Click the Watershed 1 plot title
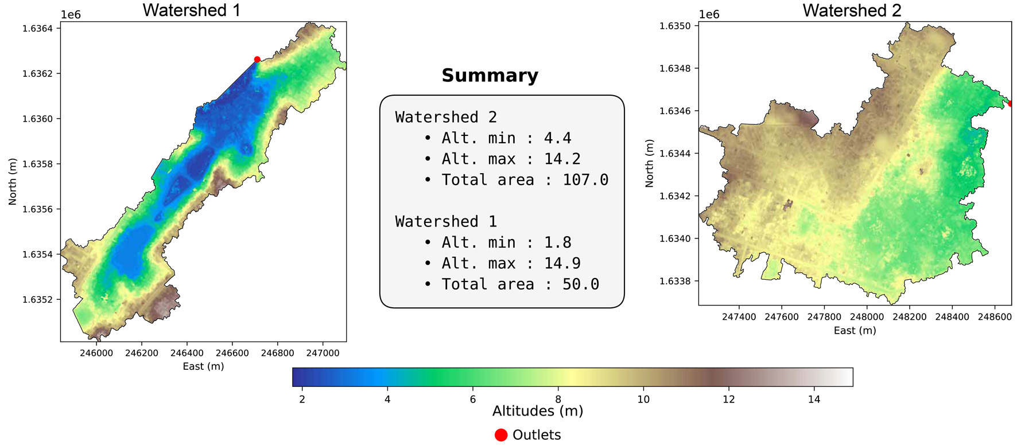pyautogui.click(x=191, y=10)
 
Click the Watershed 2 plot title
pyautogui.click(x=852, y=10)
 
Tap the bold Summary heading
pyautogui.click(x=490, y=75)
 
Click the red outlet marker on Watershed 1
pyautogui.click(x=257, y=59)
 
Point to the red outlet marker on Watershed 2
pyautogui.click(x=1010, y=104)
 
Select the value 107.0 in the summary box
pyautogui.click(x=585, y=180)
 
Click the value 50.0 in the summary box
pyautogui.click(x=580, y=284)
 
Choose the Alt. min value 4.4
pyautogui.click(x=557, y=138)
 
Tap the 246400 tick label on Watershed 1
pyautogui.click(x=187, y=353)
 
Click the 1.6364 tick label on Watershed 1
pyautogui.click(x=37, y=29)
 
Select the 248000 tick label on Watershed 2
pyautogui.click(x=867, y=316)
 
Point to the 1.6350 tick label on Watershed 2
pyautogui.click(x=676, y=26)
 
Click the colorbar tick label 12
pyautogui.click(x=728, y=399)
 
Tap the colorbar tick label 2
pyautogui.click(x=302, y=399)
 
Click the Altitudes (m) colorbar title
pyautogui.click(x=538, y=411)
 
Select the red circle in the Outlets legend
pyautogui.click(x=501, y=435)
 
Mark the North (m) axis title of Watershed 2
pyautogui.click(x=650, y=163)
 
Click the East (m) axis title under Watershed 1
pyautogui.click(x=203, y=366)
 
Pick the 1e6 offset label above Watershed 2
pyautogui.click(x=709, y=14)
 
